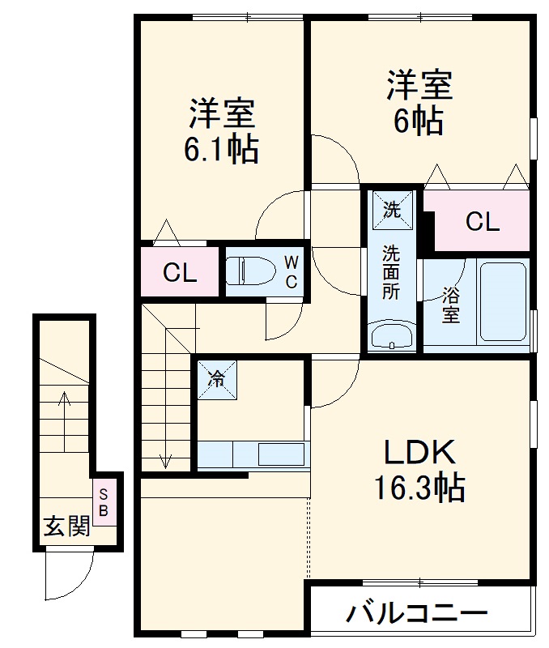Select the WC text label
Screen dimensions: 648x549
pos(291,271)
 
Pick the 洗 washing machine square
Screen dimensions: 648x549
pos(392,210)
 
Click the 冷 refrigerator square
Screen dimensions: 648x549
pos(216,378)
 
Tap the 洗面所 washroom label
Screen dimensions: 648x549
pos(391,272)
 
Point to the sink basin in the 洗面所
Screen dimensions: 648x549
pos(392,336)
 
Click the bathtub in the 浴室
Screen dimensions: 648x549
pos(503,301)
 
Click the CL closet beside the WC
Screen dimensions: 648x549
pos(180,272)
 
